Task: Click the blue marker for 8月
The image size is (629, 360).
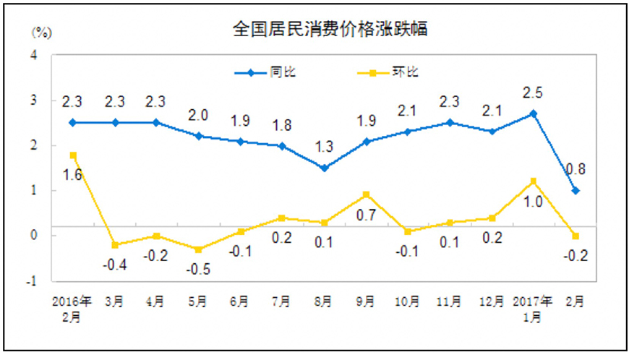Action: click(324, 168)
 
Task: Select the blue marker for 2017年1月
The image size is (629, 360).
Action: click(533, 113)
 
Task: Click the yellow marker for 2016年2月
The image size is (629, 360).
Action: click(73, 155)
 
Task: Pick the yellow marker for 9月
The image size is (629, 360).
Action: click(366, 194)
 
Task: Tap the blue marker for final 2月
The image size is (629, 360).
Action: click(575, 191)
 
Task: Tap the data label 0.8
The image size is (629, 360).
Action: click(575, 170)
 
